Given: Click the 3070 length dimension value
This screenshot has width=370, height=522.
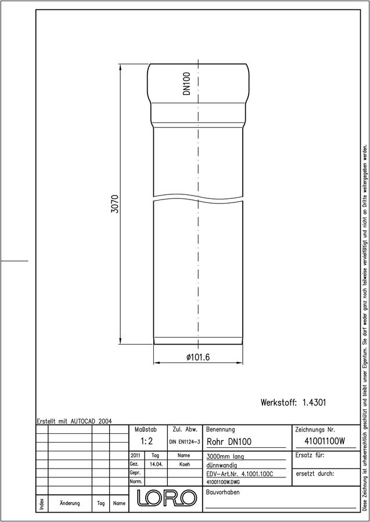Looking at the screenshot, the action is [114, 204].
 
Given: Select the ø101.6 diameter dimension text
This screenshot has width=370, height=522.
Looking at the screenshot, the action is [198, 357].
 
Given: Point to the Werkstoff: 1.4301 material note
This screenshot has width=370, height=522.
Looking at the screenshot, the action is [293, 403].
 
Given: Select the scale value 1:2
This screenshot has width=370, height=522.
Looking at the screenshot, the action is [146, 441].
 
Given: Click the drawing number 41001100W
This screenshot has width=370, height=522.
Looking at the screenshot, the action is [325, 441].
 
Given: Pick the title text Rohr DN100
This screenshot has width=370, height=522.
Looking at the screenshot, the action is [229, 442].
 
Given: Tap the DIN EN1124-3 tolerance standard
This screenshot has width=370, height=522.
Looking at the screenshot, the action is [184, 442].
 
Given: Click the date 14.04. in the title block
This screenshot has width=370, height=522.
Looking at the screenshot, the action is [156, 465].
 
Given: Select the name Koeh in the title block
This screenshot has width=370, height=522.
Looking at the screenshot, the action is [184, 465].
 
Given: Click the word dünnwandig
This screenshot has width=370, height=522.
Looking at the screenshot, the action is [222, 465].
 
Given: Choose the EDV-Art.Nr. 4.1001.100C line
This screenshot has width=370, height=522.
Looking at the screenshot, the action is [240, 474].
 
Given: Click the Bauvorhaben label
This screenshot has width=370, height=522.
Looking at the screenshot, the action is [223, 492].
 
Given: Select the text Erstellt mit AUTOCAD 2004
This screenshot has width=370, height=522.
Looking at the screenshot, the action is [74, 421].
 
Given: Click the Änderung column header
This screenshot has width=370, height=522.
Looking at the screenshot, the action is [70, 503].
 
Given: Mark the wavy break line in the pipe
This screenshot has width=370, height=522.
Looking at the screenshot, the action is [198, 197].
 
